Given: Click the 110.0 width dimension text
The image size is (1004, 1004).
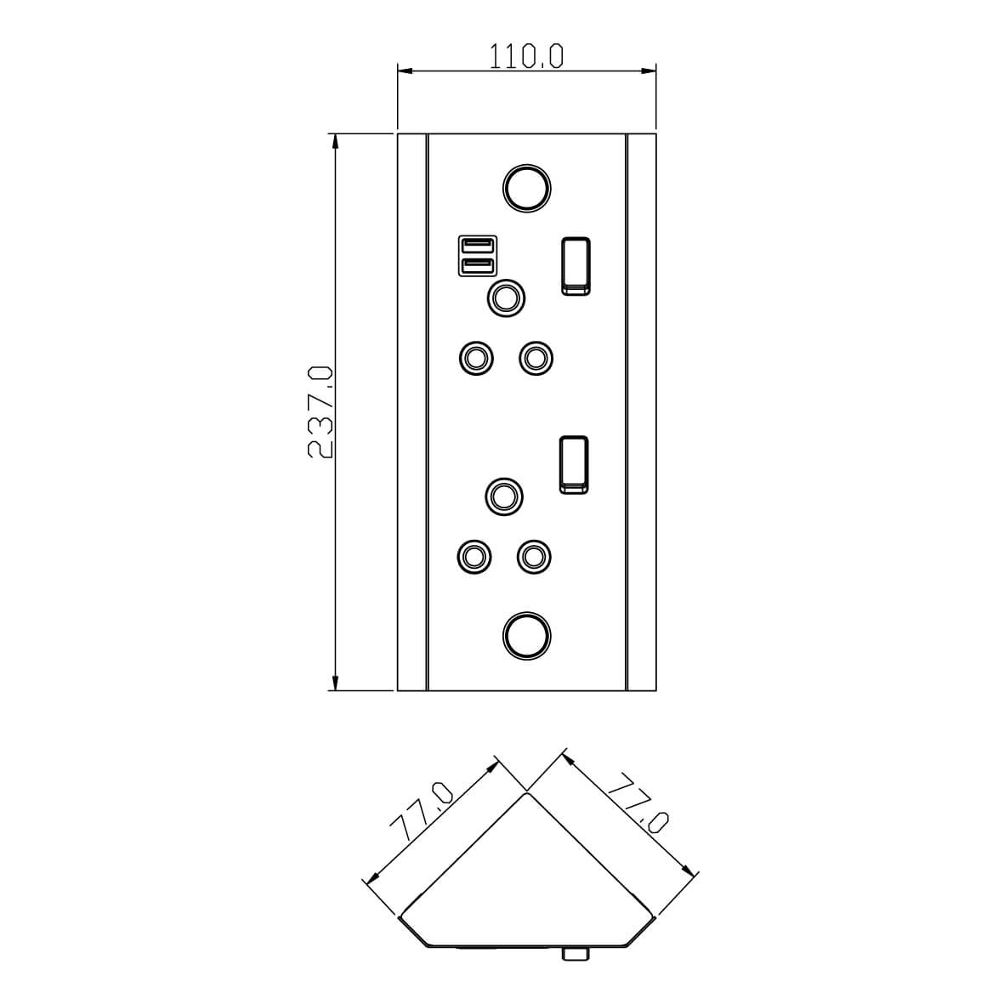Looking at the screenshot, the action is point(526,56).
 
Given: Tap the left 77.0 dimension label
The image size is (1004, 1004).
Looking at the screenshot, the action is point(422,811).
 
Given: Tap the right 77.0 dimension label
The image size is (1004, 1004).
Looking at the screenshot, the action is point(637,803).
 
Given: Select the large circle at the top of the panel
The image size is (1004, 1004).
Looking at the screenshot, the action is point(526,188).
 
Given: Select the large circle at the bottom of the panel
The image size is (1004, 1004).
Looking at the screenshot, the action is point(526,636).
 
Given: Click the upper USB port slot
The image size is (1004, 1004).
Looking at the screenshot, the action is point(478,245).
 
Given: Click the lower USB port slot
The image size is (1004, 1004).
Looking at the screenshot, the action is point(478,265).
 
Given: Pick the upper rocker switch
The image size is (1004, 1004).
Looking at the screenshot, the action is point(576,266).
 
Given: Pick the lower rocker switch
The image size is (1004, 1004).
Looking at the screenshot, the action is point(574,465).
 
